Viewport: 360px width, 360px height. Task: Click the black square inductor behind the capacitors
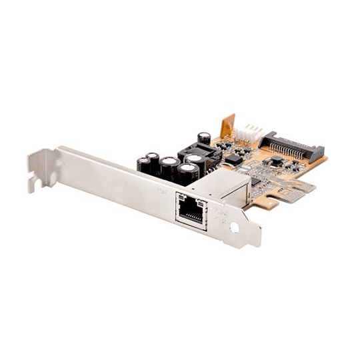(200, 155)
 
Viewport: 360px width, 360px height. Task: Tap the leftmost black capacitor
(143, 165)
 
